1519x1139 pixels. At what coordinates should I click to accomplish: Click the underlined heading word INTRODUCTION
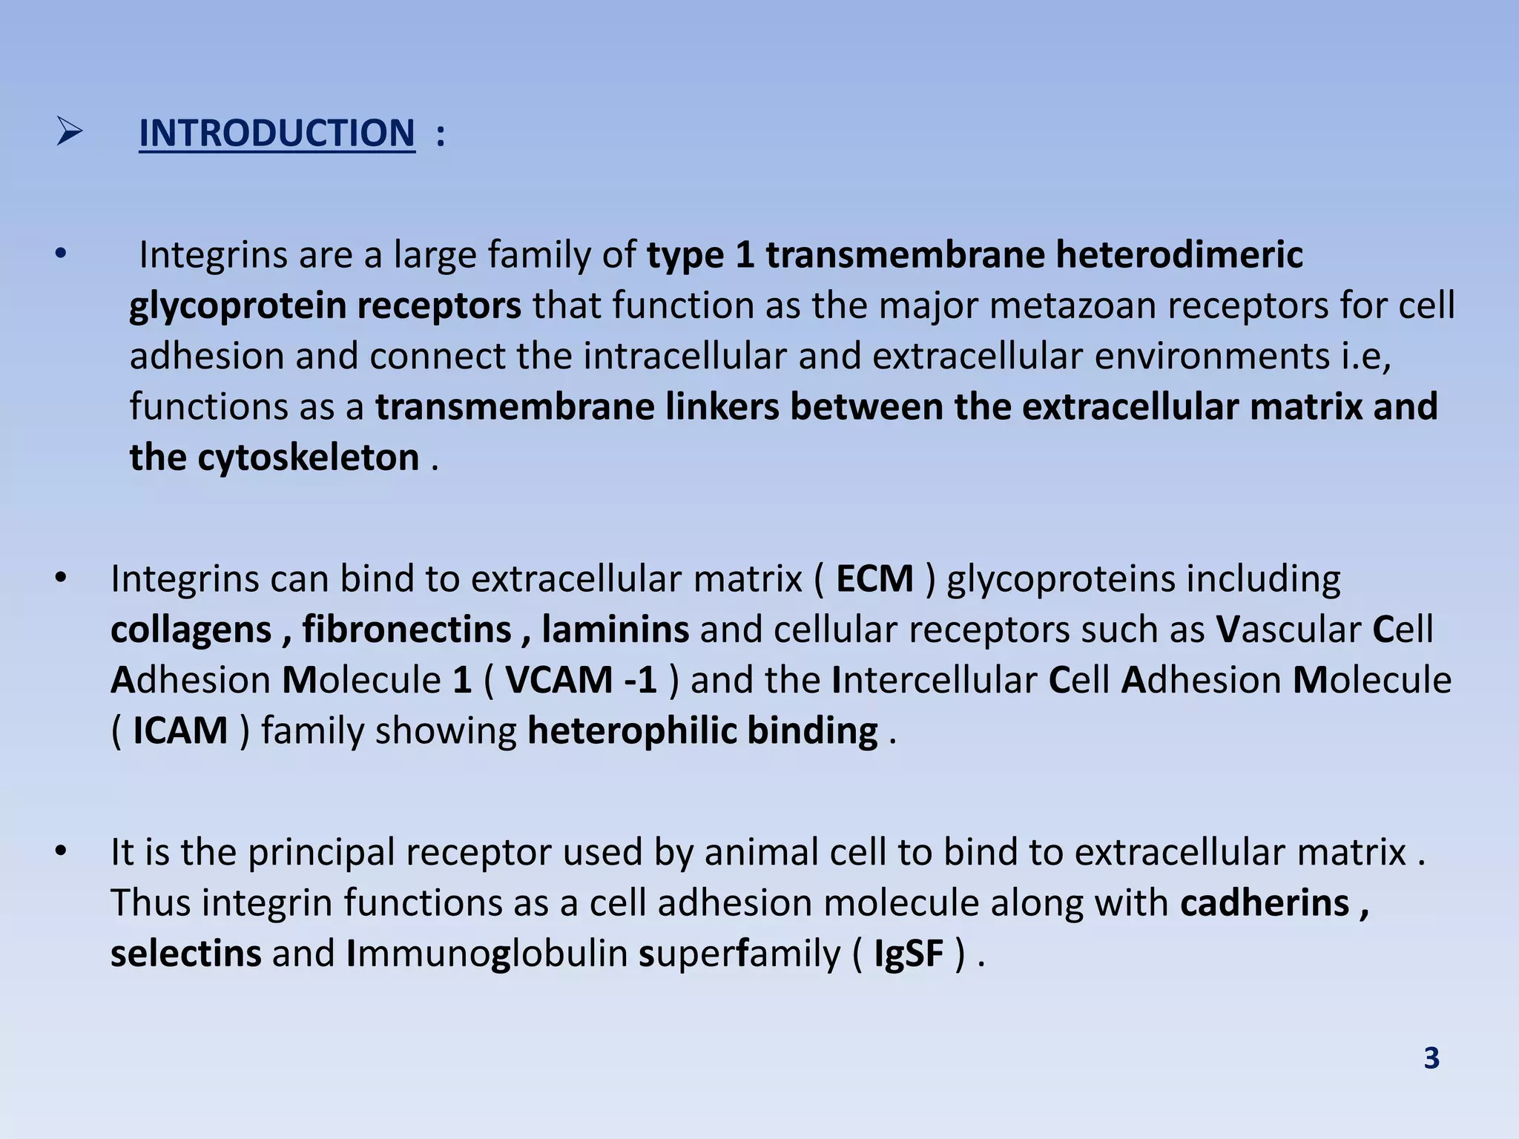pos(277,134)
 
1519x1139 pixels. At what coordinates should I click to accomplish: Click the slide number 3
pos(1431,1058)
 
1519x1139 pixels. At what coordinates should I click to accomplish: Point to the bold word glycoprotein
pos(238,306)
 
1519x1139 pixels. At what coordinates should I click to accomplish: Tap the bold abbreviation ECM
pos(874,579)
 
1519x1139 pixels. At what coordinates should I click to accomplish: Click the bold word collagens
pos(191,630)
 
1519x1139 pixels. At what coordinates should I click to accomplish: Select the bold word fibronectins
pos(406,630)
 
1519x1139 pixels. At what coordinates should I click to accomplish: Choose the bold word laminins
pos(615,630)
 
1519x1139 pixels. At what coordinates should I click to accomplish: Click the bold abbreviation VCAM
pos(552,680)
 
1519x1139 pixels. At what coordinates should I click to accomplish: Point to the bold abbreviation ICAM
pos(180,731)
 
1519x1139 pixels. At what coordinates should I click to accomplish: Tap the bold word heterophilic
pos(632,731)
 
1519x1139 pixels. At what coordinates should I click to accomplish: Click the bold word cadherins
pos(1265,903)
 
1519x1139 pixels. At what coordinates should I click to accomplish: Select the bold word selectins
pos(185,954)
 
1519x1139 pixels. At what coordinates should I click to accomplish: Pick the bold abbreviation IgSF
pos(909,954)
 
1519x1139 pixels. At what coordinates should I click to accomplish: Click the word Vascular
pos(1288,630)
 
